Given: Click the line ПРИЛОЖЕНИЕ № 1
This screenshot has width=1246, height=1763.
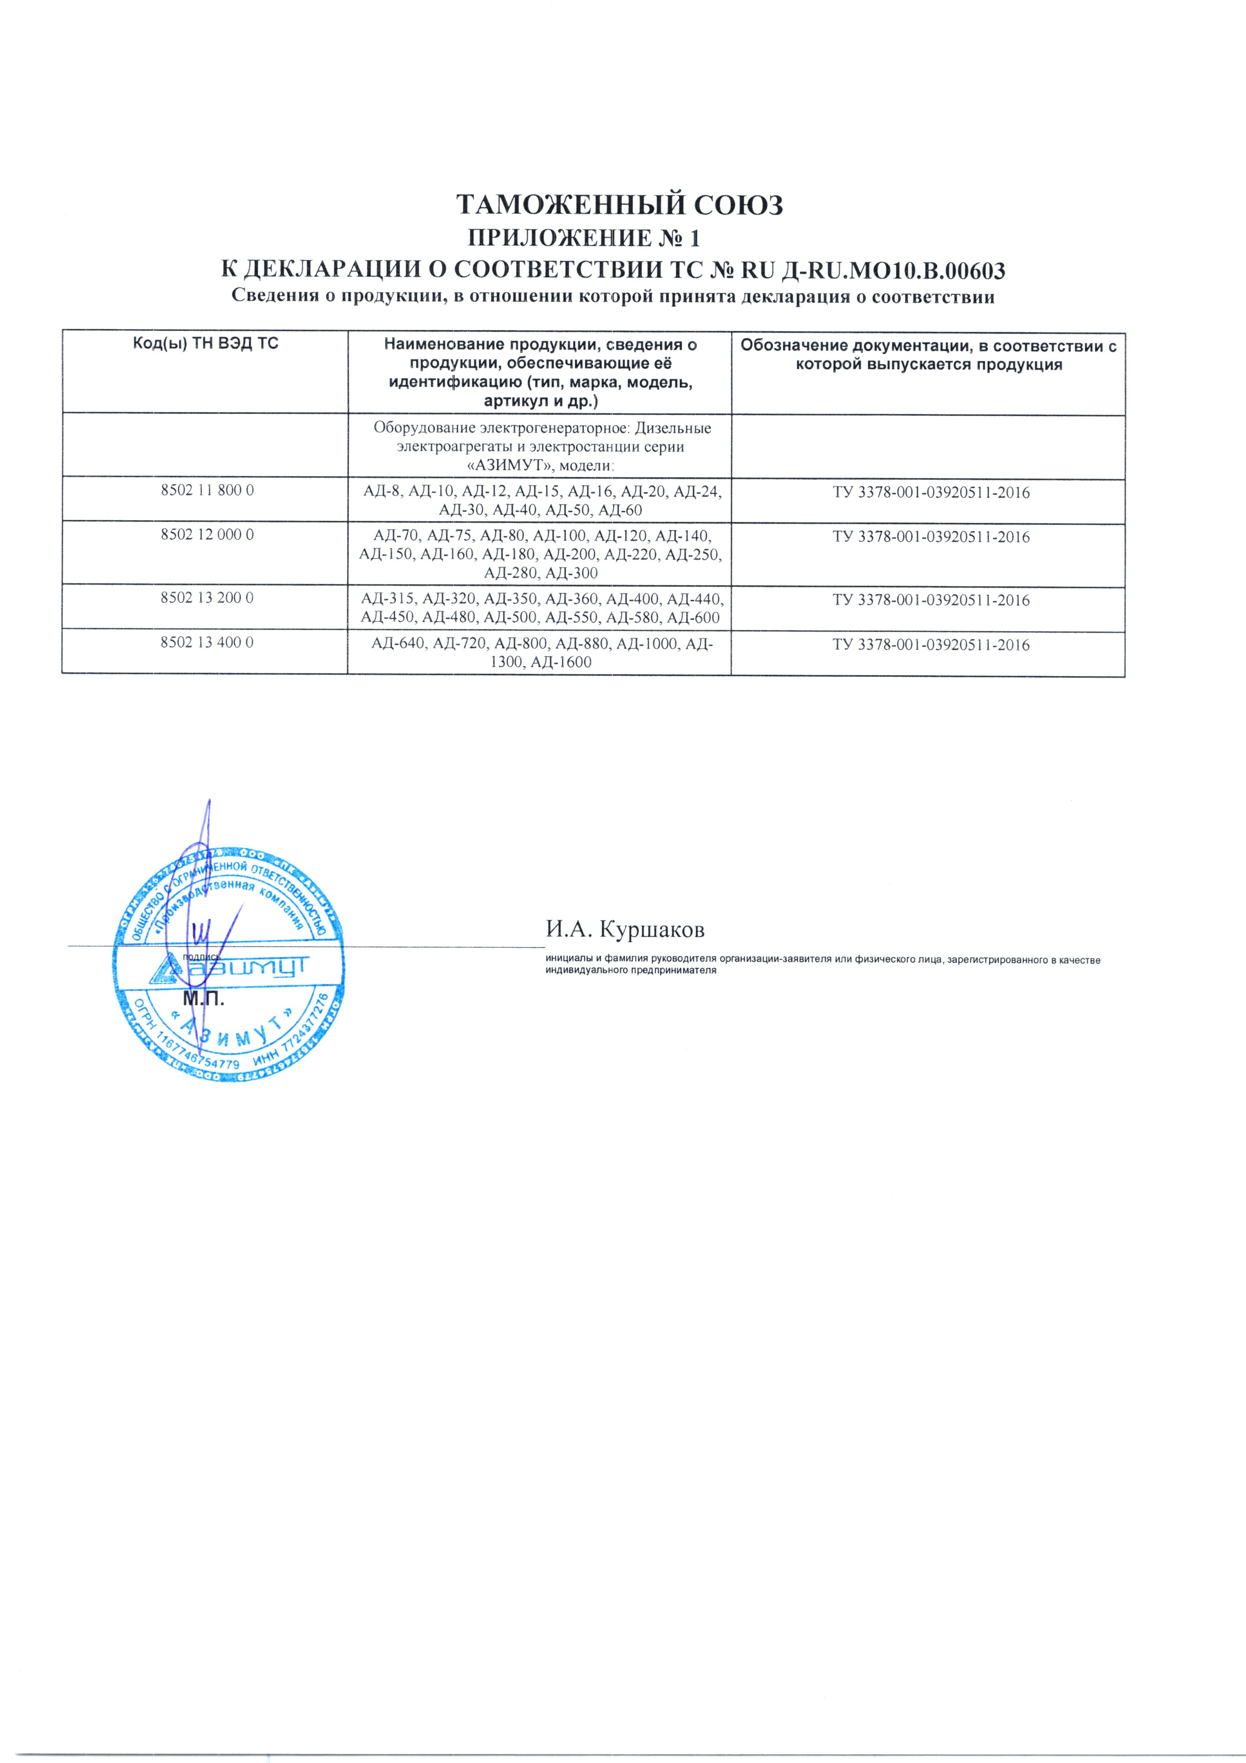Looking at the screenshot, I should click(583, 239).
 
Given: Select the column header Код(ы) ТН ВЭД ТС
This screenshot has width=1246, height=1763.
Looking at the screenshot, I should click(205, 343).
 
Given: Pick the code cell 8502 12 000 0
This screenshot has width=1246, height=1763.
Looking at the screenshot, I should click(206, 534).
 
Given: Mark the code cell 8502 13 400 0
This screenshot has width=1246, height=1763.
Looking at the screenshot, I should click(206, 642).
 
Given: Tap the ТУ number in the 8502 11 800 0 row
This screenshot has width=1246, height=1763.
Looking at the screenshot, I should click(930, 492).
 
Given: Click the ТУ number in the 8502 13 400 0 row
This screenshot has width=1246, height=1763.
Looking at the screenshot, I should click(930, 644).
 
